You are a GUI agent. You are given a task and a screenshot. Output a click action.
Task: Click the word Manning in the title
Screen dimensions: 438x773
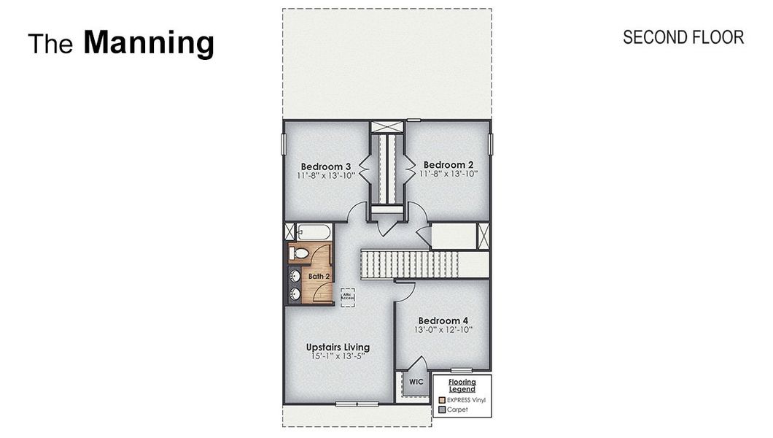point(148,43)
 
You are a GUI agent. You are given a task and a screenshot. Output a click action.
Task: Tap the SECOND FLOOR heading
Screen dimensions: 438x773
point(683,37)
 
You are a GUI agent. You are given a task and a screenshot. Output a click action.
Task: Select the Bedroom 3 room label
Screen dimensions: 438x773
point(325,165)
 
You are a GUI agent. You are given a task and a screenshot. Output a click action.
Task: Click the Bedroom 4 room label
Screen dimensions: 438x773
point(443,320)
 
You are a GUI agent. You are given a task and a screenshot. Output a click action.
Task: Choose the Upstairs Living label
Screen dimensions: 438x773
point(337,347)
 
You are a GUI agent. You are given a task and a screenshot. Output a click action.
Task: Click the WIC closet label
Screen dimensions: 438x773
point(416,382)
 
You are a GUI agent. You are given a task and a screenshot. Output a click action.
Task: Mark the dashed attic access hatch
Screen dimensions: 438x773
point(348,296)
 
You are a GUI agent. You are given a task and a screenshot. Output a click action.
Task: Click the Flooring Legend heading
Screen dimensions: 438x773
point(462,385)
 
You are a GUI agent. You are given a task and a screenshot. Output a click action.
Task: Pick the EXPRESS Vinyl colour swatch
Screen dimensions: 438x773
point(442,400)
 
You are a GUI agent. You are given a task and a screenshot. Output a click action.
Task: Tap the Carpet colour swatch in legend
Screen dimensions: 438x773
point(442,410)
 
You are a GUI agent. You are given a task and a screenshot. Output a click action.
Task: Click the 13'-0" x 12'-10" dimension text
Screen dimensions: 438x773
point(443,330)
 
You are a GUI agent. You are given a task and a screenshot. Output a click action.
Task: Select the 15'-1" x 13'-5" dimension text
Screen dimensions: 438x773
point(337,356)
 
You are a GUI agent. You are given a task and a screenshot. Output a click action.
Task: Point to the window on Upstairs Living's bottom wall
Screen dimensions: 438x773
point(357,404)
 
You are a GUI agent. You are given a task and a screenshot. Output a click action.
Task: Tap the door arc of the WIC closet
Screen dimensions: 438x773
point(418,365)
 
